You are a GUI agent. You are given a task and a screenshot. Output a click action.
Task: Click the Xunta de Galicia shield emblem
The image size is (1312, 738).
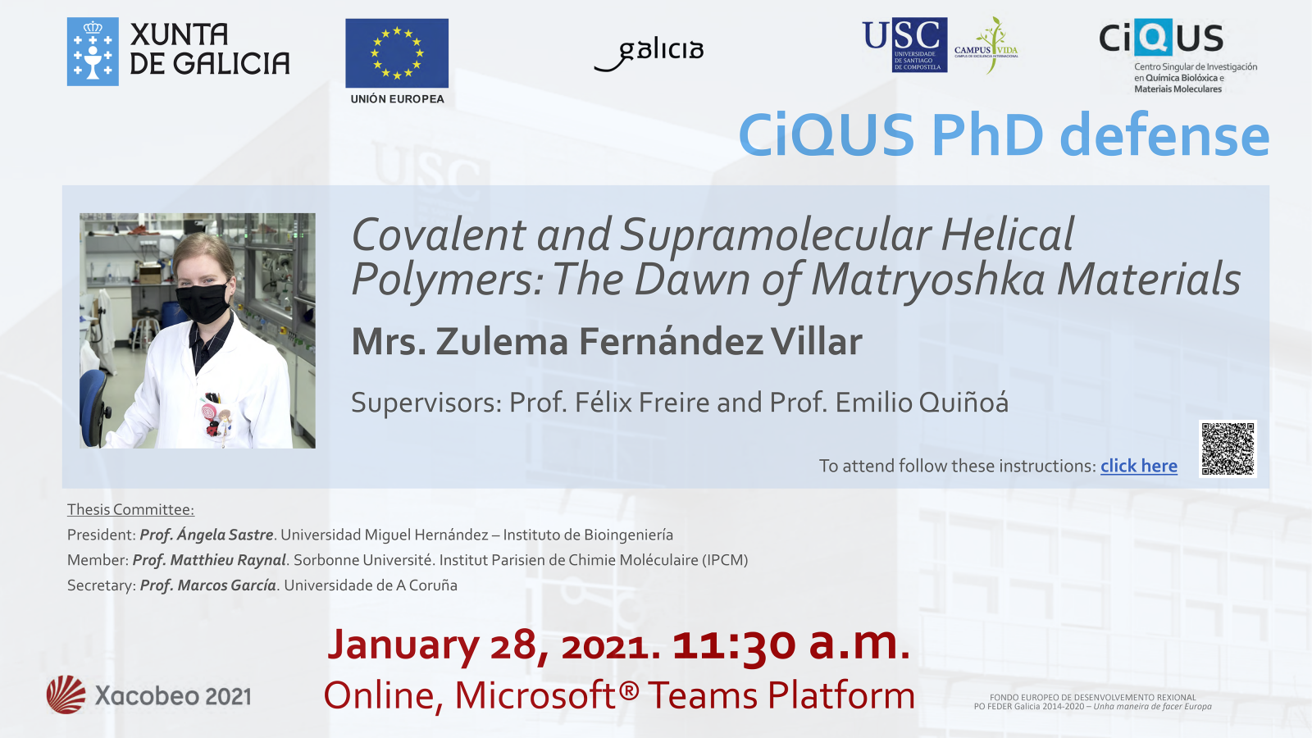click(x=93, y=52)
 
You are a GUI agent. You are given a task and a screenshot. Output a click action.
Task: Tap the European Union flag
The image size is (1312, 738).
click(x=397, y=53)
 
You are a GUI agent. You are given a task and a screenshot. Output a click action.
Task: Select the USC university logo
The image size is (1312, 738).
click(x=905, y=45)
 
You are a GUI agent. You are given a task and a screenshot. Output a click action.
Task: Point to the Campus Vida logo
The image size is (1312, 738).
click(x=986, y=46)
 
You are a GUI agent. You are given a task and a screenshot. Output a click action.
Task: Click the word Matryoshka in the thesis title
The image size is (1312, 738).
click(x=929, y=279)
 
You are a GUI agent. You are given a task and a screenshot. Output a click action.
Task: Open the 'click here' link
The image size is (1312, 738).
click(x=1139, y=466)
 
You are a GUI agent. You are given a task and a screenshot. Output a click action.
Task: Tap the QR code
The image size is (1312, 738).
click(x=1228, y=449)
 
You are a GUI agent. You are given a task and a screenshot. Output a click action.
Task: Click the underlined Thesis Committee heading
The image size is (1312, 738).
click(x=130, y=509)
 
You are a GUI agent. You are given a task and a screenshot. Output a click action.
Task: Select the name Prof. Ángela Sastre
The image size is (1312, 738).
click(x=206, y=535)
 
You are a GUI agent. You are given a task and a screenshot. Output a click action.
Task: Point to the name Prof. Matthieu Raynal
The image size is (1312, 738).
click(x=209, y=560)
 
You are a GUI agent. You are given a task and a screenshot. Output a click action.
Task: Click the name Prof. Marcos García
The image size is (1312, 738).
click(x=208, y=585)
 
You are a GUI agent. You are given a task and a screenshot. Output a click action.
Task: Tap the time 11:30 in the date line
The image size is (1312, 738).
click(x=734, y=645)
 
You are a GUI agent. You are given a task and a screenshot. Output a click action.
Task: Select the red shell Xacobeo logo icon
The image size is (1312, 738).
click(x=66, y=695)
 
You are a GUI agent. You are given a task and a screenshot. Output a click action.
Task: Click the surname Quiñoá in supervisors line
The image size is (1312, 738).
click(x=922, y=403)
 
